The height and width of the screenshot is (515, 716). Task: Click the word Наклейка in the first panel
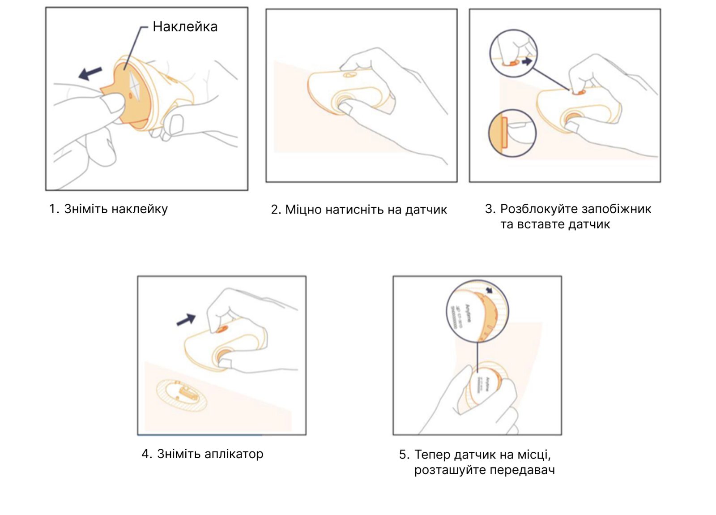click(185, 27)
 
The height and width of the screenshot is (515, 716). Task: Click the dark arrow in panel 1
click(91, 73)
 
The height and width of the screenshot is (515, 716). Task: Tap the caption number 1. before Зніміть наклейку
click(54, 209)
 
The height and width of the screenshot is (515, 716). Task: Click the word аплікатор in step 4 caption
click(234, 454)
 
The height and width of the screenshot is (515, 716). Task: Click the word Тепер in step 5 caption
click(432, 455)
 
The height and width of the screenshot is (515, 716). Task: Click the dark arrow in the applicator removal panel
click(186, 319)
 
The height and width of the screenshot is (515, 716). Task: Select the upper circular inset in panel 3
click(513, 53)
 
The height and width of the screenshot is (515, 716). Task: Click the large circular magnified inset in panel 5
click(477, 311)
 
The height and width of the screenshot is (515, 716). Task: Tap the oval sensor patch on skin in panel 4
click(182, 395)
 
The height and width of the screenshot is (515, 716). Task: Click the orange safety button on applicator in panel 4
click(222, 329)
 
